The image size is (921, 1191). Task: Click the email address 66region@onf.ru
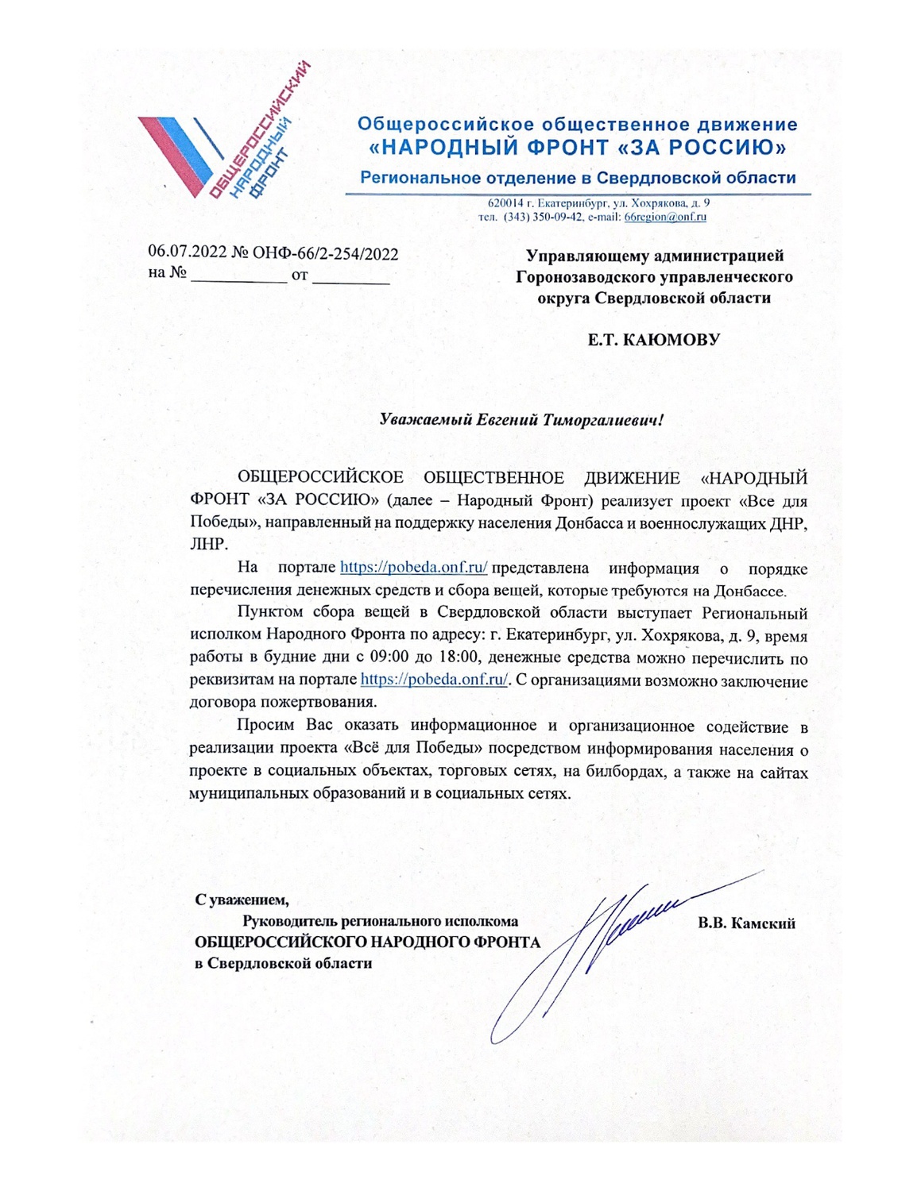[665, 217]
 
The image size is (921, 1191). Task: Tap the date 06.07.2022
[188, 253]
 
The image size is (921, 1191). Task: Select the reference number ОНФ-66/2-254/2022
[325, 254]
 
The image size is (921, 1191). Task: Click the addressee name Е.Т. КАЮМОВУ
[653, 340]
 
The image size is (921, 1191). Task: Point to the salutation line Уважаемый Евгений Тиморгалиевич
[520, 419]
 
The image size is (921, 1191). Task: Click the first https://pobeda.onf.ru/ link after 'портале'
[413, 568]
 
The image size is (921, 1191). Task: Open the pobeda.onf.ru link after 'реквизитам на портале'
[434, 680]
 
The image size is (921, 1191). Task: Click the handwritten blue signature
[604, 945]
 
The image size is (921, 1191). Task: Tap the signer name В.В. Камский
[746, 923]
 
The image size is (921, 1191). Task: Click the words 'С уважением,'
[242, 900]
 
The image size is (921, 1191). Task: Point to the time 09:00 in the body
[390, 657]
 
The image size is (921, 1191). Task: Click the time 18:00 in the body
[459, 657]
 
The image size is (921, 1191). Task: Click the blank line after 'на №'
[238, 276]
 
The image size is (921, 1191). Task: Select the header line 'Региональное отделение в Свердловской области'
[578, 178]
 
